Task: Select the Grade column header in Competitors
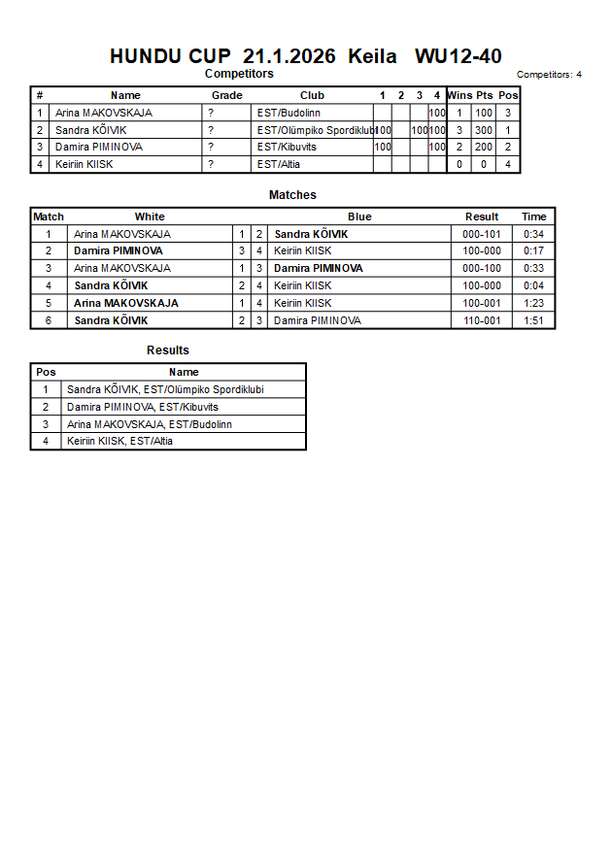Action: pyautogui.click(x=226, y=95)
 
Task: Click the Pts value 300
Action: pyautogui.click(x=484, y=130)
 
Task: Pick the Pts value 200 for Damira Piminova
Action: pyautogui.click(x=484, y=148)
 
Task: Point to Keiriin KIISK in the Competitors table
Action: pyautogui.click(x=84, y=164)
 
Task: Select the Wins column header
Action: pyautogui.click(x=459, y=95)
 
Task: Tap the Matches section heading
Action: pyautogui.click(x=292, y=195)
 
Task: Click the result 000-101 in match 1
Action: pyautogui.click(x=482, y=234)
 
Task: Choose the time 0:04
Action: pyautogui.click(x=533, y=285)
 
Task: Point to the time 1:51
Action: pyautogui.click(x=533, y=320)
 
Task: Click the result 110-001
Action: pyautogui.click(x=482, y=320)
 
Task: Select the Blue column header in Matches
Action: pyautogui.click(x=359, y=216)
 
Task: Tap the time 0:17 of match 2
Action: pyautogui.click(x=533, y=250)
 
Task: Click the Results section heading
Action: pyautogui.click(x=168, y=350)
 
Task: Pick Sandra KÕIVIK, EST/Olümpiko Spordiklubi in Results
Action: pyautogui.click(x=165, y=389)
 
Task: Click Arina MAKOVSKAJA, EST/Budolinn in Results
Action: pyautogui.click(x=150, y=424)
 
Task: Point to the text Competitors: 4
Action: pyautogui.click(x=549, y=75)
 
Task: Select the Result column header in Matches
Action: pyautogui.click(x=482, y=216)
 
